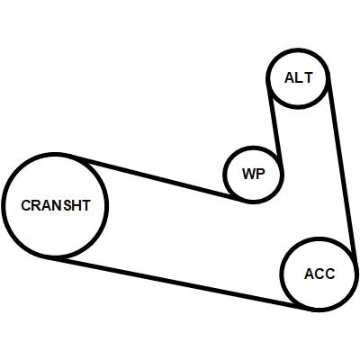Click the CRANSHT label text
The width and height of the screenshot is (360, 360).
(56, 205)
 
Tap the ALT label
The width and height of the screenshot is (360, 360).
(299, 78)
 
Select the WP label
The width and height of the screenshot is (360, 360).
(254, 174)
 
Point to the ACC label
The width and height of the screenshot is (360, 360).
(319, 274)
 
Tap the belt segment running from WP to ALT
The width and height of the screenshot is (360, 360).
(276, 128)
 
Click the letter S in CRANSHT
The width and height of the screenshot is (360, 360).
(68, 205)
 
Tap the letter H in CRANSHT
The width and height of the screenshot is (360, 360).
(77, 205)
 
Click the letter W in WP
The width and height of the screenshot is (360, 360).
(248, 174)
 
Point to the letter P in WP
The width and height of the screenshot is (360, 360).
(261, 174)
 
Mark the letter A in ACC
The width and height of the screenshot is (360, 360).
(309, 274)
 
